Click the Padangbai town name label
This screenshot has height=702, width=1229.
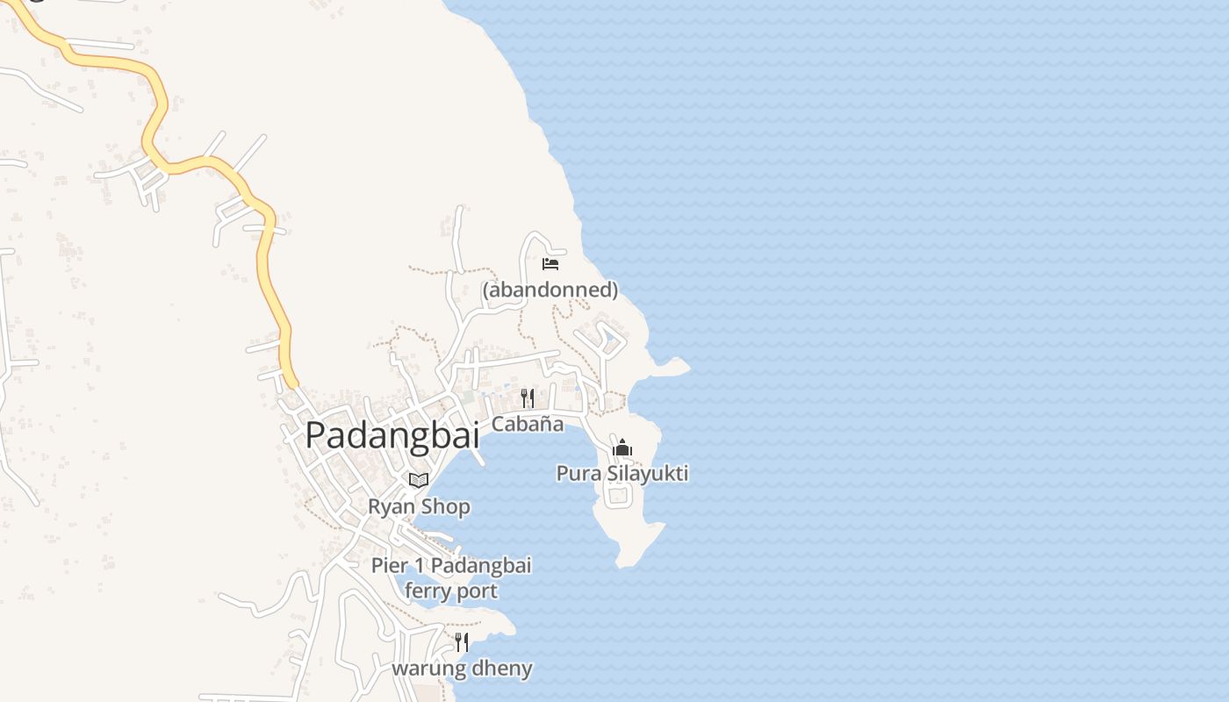pyautogui.click(x=392, y=435)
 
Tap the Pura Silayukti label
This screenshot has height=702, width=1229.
pyautogui.click(x=622, y=474)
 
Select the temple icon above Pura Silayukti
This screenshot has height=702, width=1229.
pyautogui.click(x=622, y=448)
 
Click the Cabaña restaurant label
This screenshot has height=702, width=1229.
pyautogui.click(x=527, y=424)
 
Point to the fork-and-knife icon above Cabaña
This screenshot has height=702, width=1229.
pyautogui.click(x=528, y=398)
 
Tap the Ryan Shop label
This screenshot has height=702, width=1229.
pyautogui.click(x=419, y=507)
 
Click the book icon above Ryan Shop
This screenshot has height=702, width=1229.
pyautogui.click(x=419, y=481)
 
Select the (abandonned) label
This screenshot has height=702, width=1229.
pyautogui.click(x=550, y=289)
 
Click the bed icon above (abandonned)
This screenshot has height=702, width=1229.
pyautogui.click(x=550, y=263)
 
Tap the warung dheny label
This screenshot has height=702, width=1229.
pyautogui.click(x=462, y=669)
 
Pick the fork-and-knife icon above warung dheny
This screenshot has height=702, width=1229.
pyautogui.click(x=462, y=642)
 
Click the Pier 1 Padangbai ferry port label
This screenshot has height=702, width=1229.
pyautogui.click(x=451, y=578)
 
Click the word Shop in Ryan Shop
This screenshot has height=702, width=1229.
pyautogui.click(x=445, y=507)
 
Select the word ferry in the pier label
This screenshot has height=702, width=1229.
pyautogui.click(x=425, y=591)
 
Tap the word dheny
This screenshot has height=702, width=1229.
pyautogui.click(x=503, y=669)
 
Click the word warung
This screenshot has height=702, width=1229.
pyautogui.click(x=429, y=669)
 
